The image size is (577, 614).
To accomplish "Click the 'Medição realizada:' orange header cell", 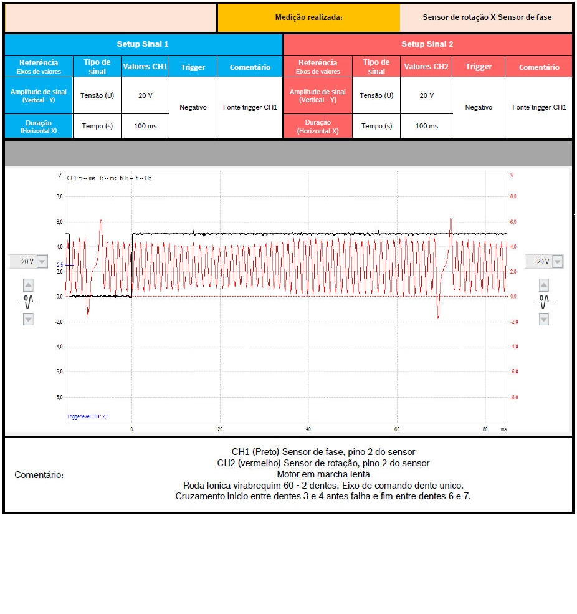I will tap(308, 17).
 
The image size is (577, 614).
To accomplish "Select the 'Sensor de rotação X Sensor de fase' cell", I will tap(486, 17).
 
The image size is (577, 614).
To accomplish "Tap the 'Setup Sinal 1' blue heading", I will tap(143, 44).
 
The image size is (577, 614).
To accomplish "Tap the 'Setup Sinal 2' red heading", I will tap(427, 44).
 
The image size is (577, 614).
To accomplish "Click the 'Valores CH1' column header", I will tap(145, 67).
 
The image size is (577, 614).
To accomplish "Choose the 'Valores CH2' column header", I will tap(426, 67).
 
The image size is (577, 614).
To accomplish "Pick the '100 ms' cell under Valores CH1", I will tap(145, 126).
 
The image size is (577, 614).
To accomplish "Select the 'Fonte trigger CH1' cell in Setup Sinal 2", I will tap(539, 107).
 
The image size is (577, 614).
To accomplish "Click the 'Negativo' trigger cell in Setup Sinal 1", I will tap(193, 107).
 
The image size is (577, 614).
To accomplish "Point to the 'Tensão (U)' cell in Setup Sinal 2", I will tap(376, 95).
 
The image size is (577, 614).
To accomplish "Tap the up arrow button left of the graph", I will tap(28, 285).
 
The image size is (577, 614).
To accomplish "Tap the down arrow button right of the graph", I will tap(544, 319).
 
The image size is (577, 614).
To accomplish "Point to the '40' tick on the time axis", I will tap(308, 429).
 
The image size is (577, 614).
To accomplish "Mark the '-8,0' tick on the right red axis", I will tap(514, 397).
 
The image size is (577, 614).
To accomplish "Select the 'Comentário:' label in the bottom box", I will tap(39, 475).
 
